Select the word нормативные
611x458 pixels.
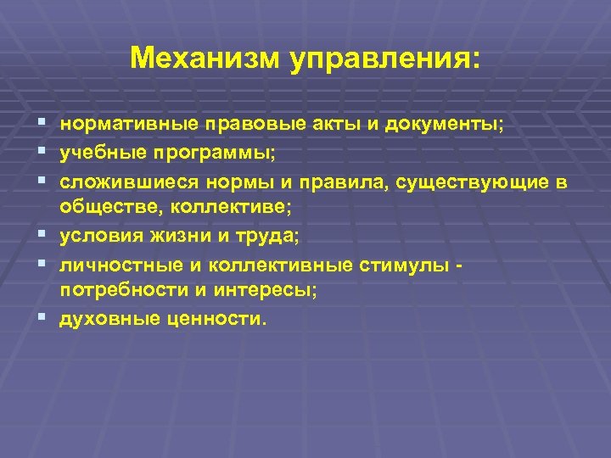point(126,125)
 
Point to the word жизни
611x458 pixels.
point(180,236)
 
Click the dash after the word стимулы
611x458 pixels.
point(459,265)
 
